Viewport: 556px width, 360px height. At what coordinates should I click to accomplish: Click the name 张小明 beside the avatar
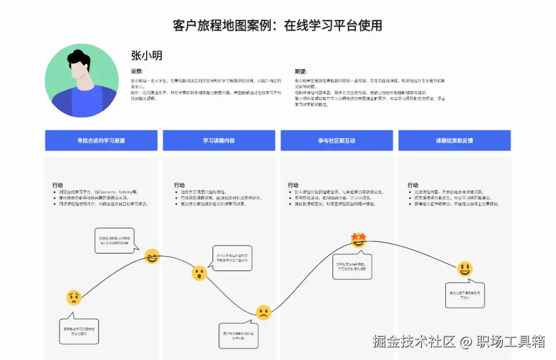(x=146, y=56)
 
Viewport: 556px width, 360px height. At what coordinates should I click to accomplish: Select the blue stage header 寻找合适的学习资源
(x=101, y=141)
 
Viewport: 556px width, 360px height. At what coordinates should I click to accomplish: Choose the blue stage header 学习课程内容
(x=219, y=141)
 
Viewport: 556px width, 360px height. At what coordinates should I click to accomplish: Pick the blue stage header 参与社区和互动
(x=336, y=141)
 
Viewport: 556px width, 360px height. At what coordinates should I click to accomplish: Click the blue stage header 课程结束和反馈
(x=454, y=141)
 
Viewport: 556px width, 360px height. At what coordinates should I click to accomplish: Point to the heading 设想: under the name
(x=137, y=71)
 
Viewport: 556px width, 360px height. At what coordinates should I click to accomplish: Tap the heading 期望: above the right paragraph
(x=300, y=71)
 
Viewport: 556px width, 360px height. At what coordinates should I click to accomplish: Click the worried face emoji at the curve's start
(x=73, y=298)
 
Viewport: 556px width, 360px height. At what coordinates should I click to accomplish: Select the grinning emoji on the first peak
(x=152, y=256)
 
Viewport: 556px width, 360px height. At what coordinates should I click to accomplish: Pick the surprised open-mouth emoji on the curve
(x=199, y=273)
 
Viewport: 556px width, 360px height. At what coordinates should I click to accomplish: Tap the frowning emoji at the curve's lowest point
(x=264, y=312)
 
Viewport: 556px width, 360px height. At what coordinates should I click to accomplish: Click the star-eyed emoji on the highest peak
(x=359, y=240)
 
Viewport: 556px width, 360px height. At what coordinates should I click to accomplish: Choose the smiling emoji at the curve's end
(x=465, y=269)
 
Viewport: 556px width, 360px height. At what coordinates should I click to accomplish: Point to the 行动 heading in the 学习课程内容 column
(x=179, y=185)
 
